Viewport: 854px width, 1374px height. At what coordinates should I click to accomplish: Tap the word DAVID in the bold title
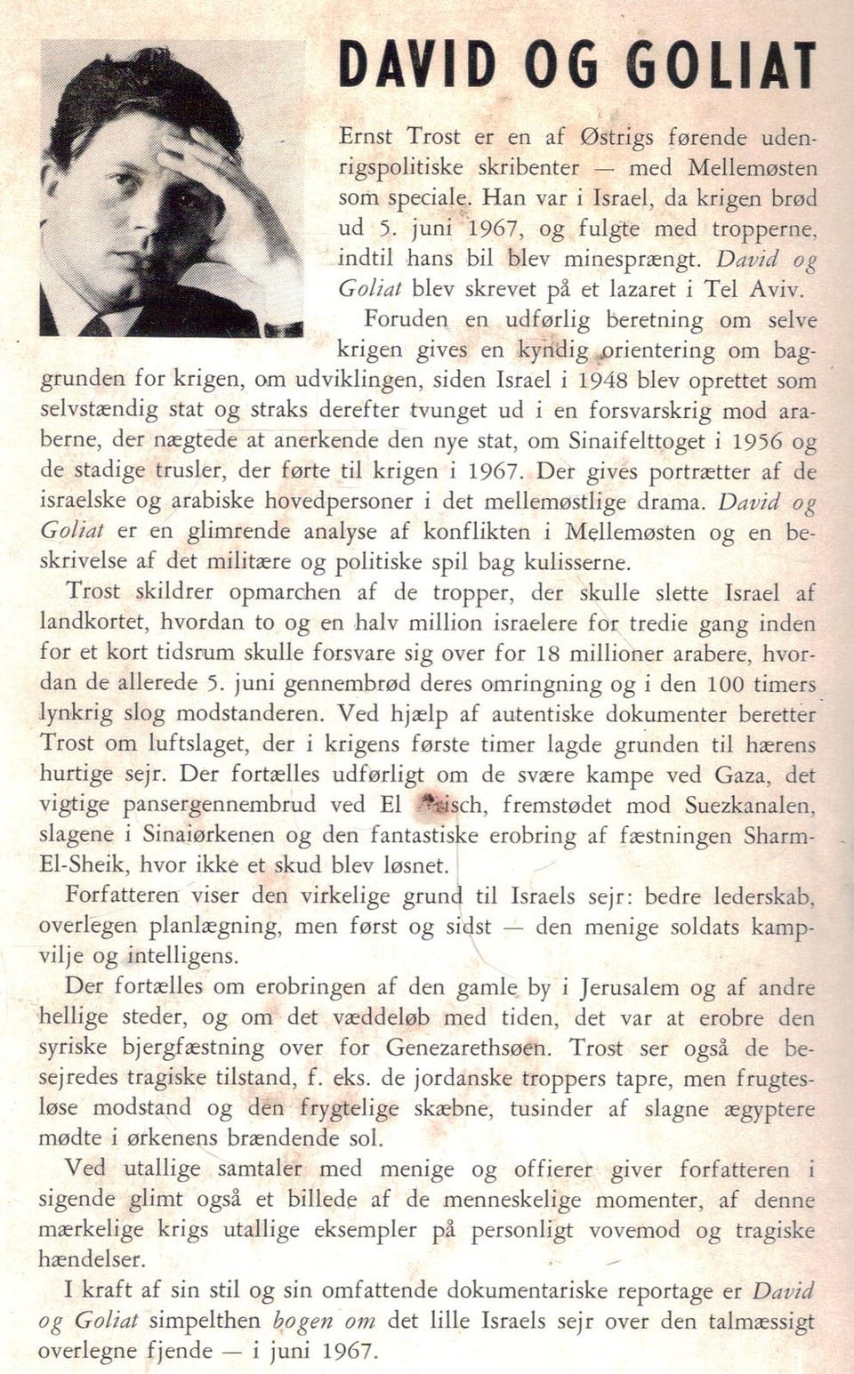pyautogui.click(x=417, y=66)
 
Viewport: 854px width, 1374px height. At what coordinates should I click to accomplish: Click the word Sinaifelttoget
pyautogui.click(x=648, y=440)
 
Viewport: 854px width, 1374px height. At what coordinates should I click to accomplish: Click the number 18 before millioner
pyautogui.click(x=550, y=653)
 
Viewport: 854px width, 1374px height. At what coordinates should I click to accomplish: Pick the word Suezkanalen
pyautogui.click(x=749, y=805)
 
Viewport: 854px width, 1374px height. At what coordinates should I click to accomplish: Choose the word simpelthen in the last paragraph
pyautogui.click(x=204, y=1321)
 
